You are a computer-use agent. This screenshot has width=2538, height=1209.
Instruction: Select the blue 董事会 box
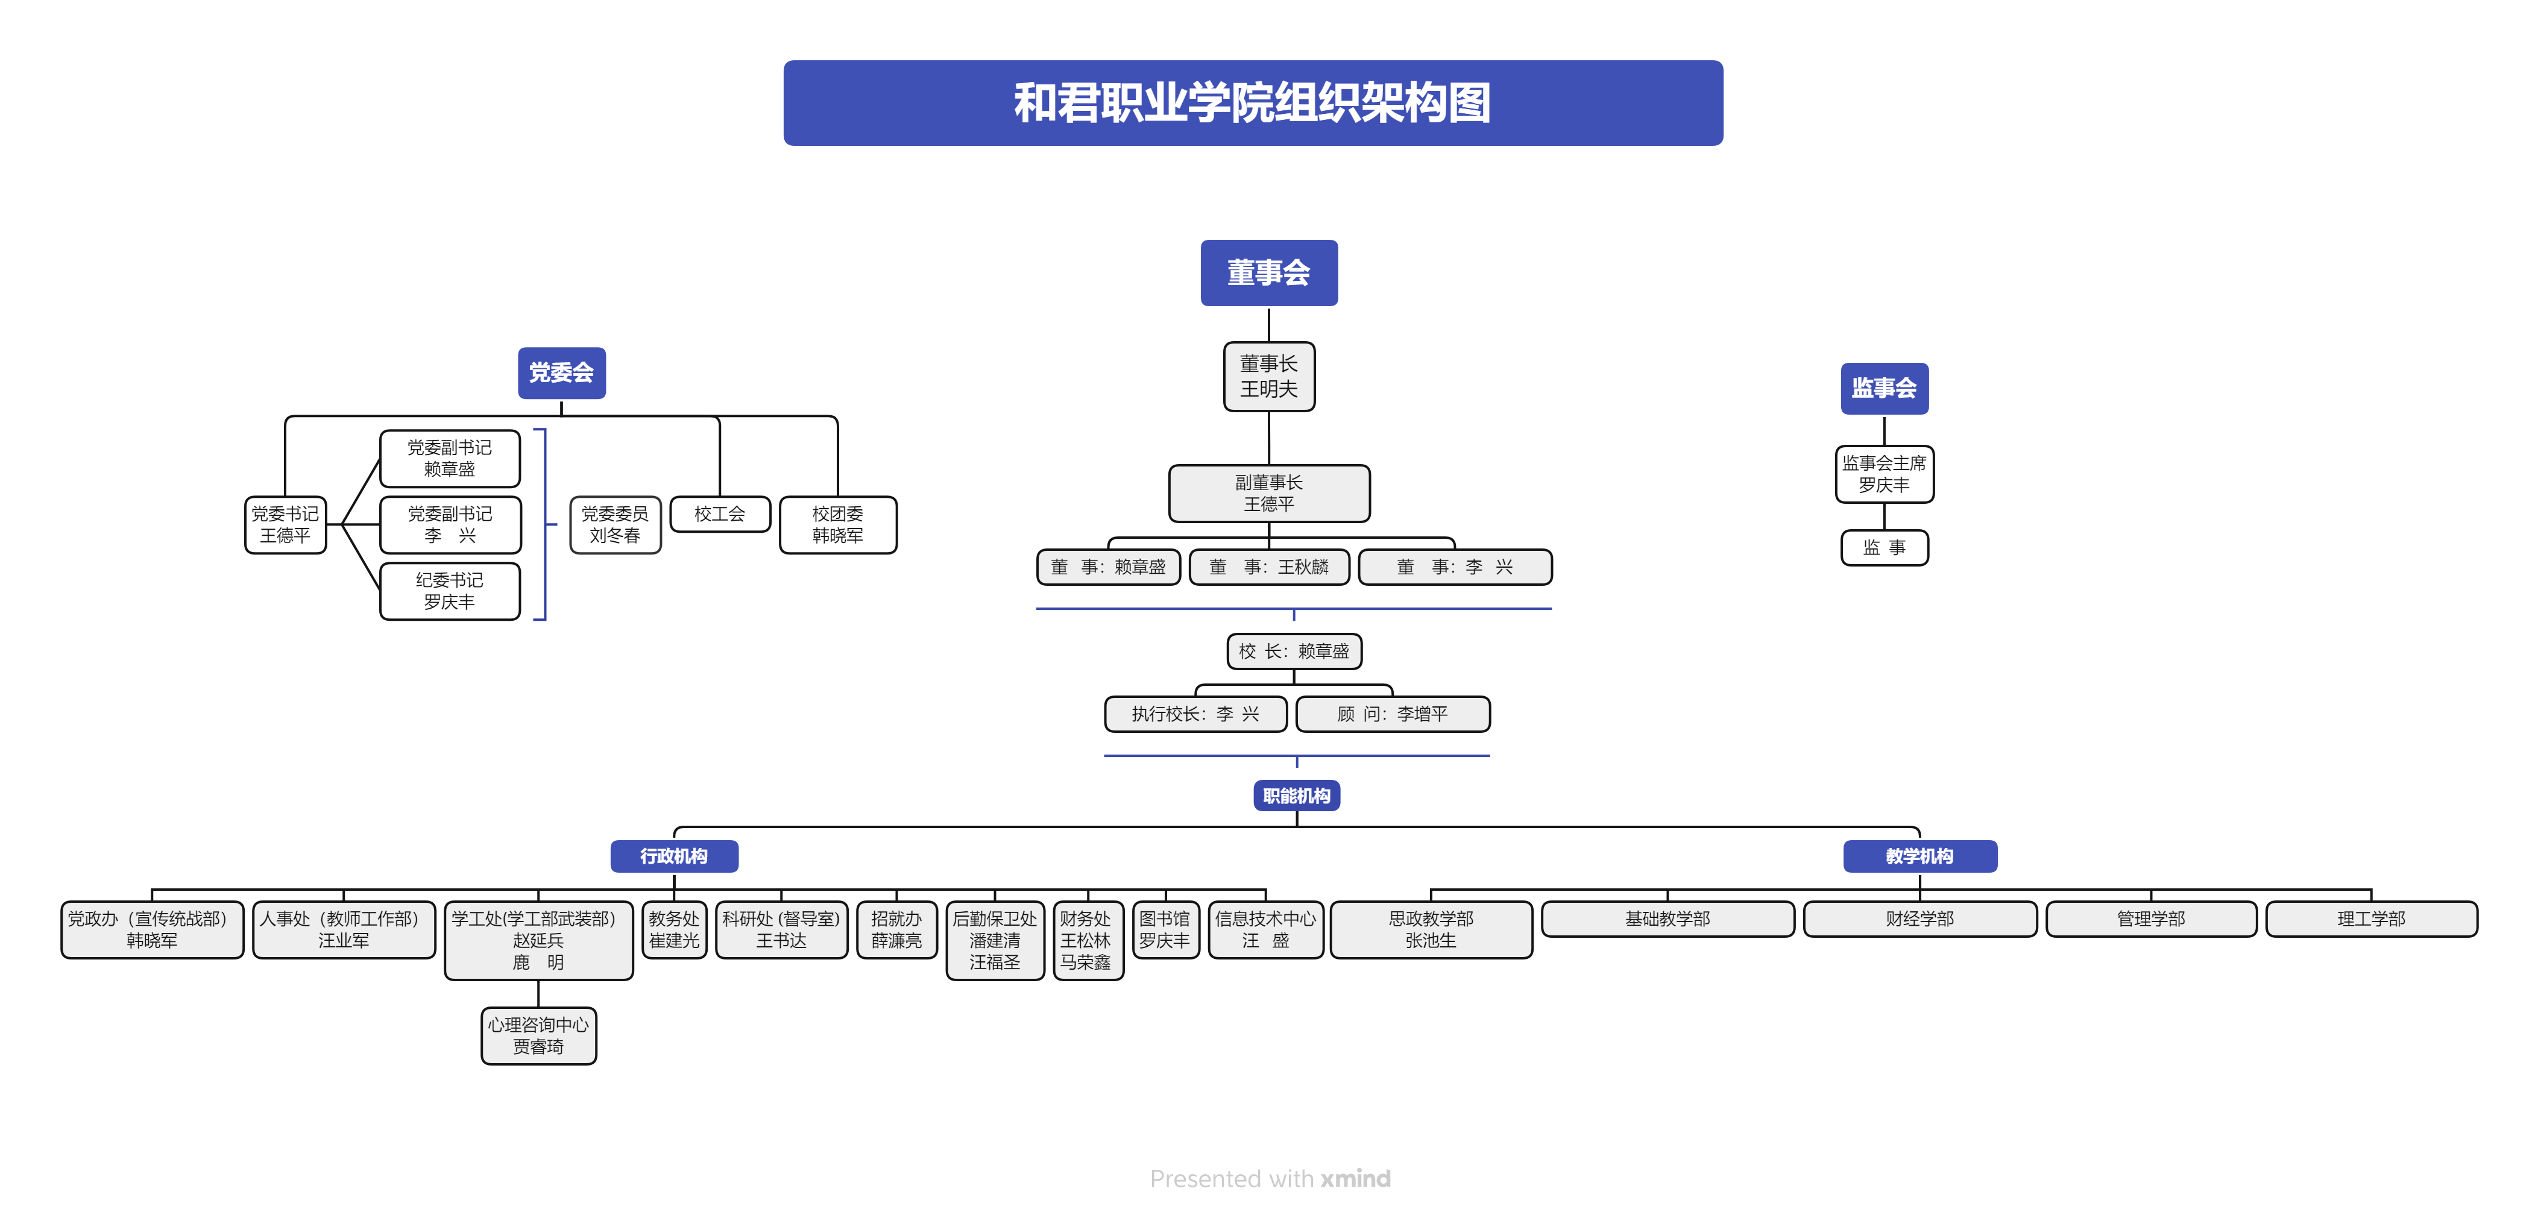pyautogui.click(x=1268, y=273)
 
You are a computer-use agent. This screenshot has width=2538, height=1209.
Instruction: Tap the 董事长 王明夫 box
pyautogui.click(x=1268, y=377)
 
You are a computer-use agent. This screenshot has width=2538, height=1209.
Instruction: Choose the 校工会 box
pyautogui.click(x=719, y=514)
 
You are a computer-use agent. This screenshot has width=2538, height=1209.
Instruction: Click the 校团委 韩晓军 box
pyautogui.click(x=837, y=525)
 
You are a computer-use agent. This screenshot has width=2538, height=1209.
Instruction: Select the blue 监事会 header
pyautogui.click(x=1884, y=388)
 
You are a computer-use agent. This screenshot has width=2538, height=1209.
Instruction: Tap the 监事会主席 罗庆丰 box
pyautogui.click(x=1884, y=474)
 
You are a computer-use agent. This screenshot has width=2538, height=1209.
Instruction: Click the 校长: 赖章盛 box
pyautogui.click(x=1294, y=652)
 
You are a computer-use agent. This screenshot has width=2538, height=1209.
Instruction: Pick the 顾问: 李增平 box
pyautogui.click(x=1392, y=714)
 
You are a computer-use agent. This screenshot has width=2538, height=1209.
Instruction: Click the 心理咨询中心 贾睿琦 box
pyautogui.click(x=538, y=1035)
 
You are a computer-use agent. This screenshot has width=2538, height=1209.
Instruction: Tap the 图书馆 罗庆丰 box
pyautogui.click(x=1165, y=929)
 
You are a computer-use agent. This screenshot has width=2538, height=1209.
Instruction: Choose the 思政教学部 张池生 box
pyautogui.click(x=1431, y=929)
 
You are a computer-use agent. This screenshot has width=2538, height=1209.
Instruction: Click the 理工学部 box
pyautogui.click(x=2370, y=919)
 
